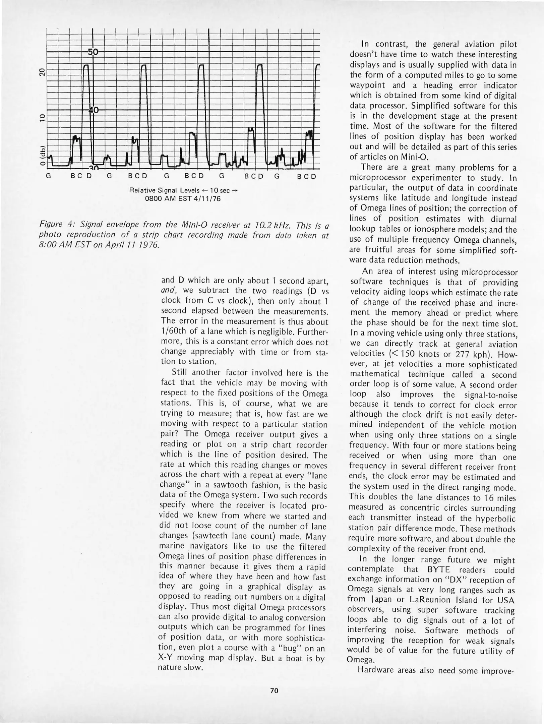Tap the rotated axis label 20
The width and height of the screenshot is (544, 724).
pyautogui.click(x=42, y=72)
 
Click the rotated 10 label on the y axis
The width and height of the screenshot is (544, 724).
pyautogui.click(x=42, y=118)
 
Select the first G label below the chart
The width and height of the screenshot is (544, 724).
pyautogui.click(x=48, y=176)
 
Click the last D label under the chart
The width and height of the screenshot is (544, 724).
pyautogui.click(x=313, y=176)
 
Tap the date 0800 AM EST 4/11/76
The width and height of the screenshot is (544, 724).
pyautogui.click(x=183, y=198)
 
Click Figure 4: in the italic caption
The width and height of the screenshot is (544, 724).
pyautogui.click(x=55, y=224)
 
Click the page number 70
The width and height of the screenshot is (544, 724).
pyautogui.click(x=274, y=690)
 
